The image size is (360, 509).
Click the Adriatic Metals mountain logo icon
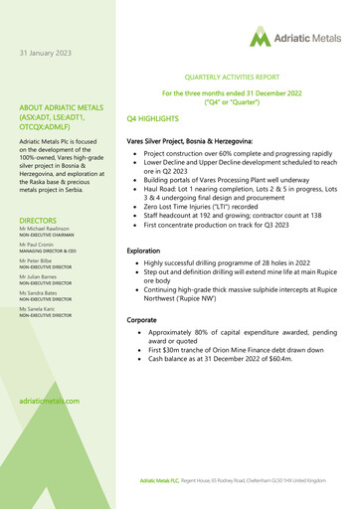(x=260, y=38)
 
